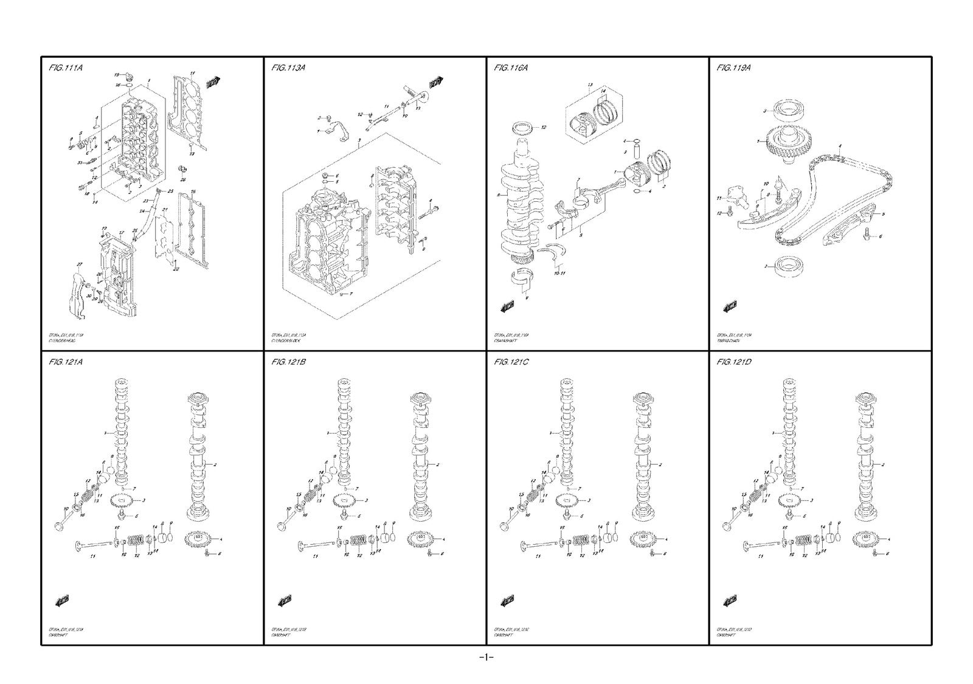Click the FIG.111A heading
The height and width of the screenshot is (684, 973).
click(65, 68)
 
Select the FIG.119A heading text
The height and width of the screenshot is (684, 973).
click(733, 68)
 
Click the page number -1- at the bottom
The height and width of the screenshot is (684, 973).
click(486, 657)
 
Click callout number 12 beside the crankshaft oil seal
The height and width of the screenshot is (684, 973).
click(544, 127)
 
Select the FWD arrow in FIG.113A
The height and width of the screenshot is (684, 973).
click(435, 82)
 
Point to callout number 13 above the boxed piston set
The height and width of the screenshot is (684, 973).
click(589, 84)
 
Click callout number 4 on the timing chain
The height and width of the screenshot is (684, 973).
click(840, 146)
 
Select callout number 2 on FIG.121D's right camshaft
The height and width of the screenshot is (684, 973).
click(884, 464)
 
